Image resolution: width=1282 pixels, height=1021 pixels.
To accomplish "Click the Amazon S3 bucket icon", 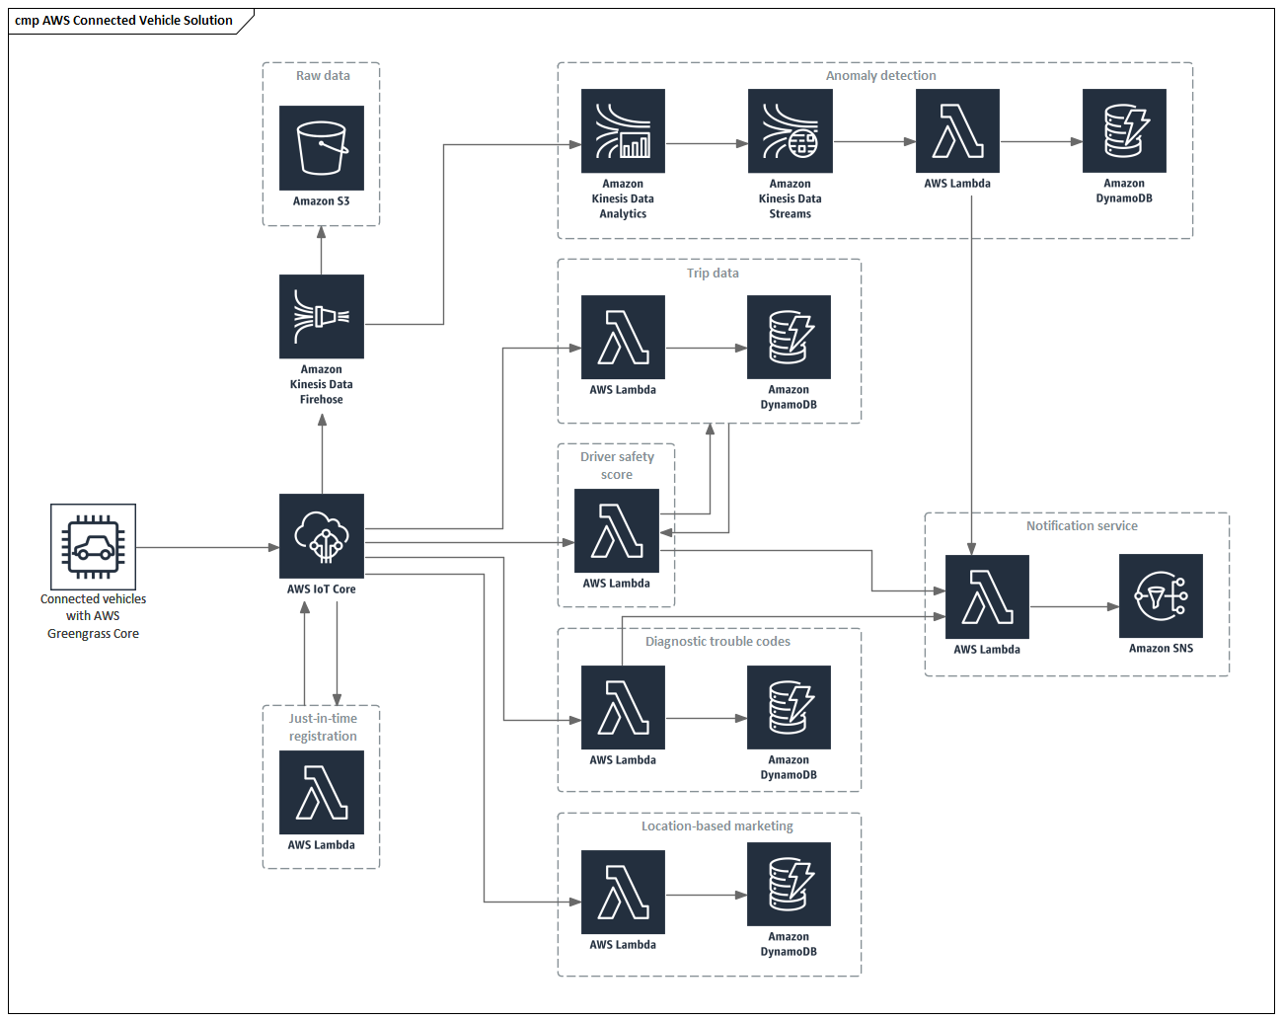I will (x=322, y=148).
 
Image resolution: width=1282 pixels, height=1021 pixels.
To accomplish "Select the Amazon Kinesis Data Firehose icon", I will (x=322, y=317).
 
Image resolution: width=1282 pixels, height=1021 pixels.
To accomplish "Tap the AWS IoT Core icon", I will (x=322, y=536).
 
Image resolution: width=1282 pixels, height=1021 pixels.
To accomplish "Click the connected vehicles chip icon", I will (x=94, y=547).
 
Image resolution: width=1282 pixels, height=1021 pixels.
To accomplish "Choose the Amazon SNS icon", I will (x=1161, y=596).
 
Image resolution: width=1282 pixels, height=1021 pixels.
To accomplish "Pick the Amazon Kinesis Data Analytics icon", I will (x=623, y=131).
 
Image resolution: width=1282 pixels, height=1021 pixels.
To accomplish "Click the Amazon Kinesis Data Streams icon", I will (x=790, y=131).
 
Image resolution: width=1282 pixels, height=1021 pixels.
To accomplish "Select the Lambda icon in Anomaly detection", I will (x=957, y=131).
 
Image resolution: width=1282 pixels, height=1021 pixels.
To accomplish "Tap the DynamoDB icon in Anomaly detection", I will (x=1124, y=131).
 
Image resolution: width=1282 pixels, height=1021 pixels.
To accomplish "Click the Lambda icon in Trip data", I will (x=623, y=338).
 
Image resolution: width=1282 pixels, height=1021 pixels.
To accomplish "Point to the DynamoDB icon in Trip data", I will (x=789, y=338).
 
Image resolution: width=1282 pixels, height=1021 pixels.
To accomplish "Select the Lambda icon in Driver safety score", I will (x=617, y=531).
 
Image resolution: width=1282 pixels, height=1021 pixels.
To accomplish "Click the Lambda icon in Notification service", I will (x=987, y=597).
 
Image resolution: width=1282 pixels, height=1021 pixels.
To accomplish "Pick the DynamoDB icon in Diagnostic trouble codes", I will (x=789, y=708).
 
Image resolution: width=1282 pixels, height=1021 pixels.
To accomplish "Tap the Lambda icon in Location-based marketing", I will (x=623, y=893).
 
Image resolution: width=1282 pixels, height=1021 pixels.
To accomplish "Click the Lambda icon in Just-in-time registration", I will (x=322, y=793).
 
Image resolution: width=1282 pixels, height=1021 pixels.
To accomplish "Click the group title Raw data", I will (x=323, y=76).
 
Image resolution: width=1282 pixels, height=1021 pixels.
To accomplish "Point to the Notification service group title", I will (x=1082, y=526).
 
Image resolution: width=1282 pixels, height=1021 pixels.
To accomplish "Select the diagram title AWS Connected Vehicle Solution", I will (x=124, y=21).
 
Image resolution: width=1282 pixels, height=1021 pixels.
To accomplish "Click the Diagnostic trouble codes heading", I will (x=717, y=642).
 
